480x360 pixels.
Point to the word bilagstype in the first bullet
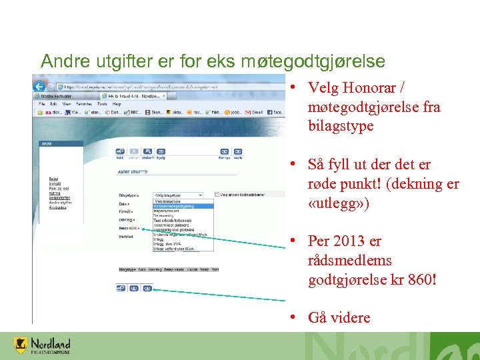pyautogui.click(x=341, y=126)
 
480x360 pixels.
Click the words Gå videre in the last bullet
pyautogui.click(x=339, y=317)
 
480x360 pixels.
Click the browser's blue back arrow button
pyautogui.click(x=39, y=87)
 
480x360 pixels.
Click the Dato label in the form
pyautogui.click(x=123, y=203)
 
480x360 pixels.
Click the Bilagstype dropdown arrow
pyautogui.click(x=200, y=195)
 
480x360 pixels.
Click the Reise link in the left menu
pyautogui.click(x=53, y=179)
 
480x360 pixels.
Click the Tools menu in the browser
pyautogui.click(x=102, y=104)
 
